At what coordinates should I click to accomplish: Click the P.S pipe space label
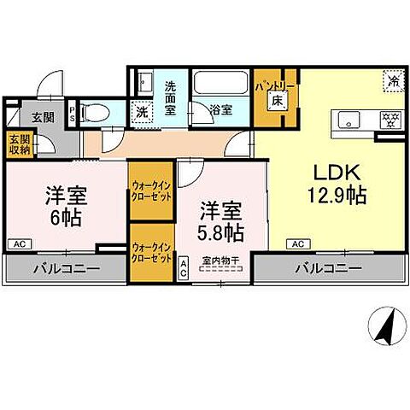[x=73, y=111]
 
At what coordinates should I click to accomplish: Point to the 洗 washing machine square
[x=142, y=110]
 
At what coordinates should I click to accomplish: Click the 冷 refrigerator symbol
[x=393, y=83]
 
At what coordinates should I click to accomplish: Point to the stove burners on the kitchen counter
[x=389, y=119]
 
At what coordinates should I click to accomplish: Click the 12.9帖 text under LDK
[x=337, y=195]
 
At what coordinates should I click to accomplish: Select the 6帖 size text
[x=64, y=217]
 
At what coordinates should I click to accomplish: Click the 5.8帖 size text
[x=222, y=231]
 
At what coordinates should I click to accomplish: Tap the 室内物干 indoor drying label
[x=220, y=261]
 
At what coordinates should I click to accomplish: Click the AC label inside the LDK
[x=298, y=244]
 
